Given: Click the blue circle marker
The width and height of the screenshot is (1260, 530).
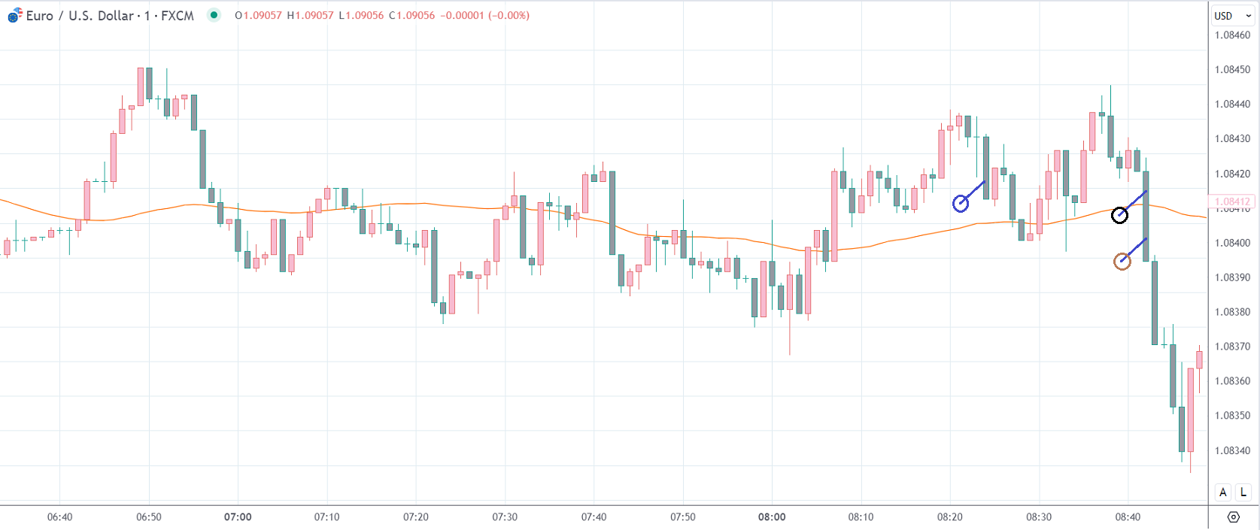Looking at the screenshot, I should (x=961, y=204).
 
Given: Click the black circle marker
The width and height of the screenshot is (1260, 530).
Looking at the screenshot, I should (x=1119, y=216).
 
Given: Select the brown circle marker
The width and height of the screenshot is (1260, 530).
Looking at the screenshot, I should (x=1122, y=262).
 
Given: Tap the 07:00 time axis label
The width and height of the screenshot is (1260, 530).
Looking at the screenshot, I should (x=238, y=516).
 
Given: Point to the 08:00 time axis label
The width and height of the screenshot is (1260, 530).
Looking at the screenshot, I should (x=772, y=516).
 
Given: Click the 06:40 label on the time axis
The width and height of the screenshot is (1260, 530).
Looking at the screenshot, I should (x=60, y=516).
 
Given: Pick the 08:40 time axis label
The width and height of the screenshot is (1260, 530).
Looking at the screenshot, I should (x=1128, y=516).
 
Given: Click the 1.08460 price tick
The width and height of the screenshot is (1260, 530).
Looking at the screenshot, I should (x=1232, y=35).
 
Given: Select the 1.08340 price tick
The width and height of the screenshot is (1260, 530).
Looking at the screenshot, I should (x=1232, y=450).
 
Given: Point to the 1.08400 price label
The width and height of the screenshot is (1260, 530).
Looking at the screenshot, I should (x=1232, y=243).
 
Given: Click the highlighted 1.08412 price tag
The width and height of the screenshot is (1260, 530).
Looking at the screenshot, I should (x=1232, y=201).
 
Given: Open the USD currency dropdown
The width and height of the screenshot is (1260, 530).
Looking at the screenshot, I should (x=1231, y=16).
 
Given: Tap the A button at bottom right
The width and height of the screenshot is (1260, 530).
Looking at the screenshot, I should (x=1223, y=492).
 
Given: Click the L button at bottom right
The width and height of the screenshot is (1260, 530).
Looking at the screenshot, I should (x=1243, y=492).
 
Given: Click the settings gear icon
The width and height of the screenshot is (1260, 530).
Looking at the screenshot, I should (x=1233, y=517).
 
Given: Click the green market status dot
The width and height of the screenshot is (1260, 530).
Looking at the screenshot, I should (x=214, y=15).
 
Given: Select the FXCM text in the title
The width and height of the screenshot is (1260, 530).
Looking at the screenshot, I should (x=178, y=16).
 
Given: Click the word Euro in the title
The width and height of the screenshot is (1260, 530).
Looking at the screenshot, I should (x=39, y=16).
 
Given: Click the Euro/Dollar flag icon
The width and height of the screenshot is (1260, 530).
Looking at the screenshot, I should (x=14, y=16).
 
